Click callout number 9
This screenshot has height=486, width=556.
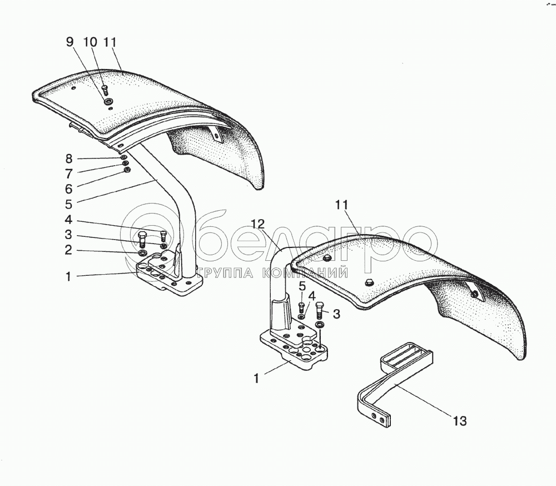pos(69,42)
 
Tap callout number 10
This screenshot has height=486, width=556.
pos(90,42)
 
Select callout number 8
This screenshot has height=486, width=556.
pos(68,158)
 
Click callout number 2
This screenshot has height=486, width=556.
pos(68,250)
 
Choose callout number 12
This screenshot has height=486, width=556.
pos(256,225)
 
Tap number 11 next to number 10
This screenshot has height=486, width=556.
pos(109,42)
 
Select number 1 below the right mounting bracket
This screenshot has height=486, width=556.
pos(256,379)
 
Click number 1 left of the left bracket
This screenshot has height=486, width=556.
pos(68,276)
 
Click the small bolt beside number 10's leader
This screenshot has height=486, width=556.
pos(105,89)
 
